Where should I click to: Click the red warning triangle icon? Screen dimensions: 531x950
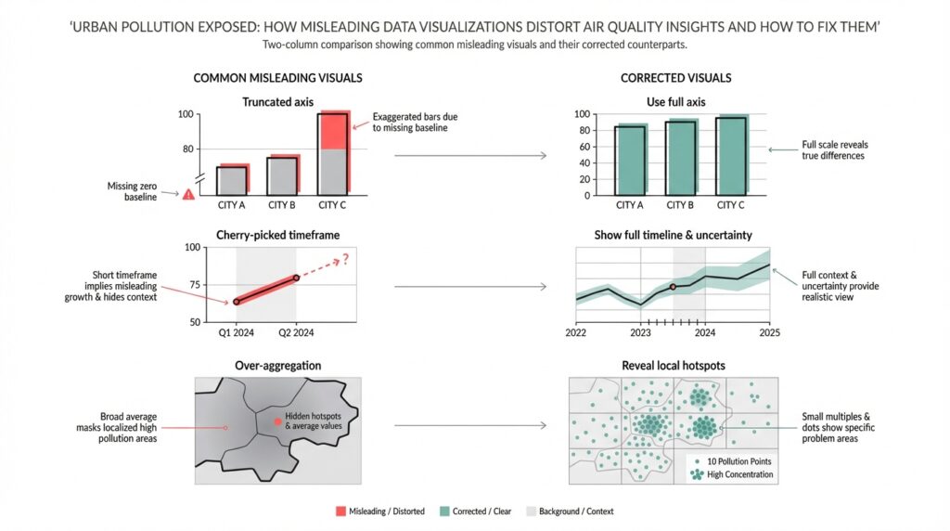point(189,194)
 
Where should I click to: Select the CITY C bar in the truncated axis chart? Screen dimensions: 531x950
point(333,153)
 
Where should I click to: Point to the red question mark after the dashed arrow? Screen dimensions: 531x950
point(345,259)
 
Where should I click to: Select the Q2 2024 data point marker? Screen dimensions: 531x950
point(296,278)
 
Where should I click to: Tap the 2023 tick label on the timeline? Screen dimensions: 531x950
point(640,332)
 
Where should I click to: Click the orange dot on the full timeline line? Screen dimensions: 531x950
point(673,287)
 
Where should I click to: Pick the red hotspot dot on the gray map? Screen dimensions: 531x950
point(277,421)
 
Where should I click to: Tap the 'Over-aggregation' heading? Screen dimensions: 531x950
point(277,366)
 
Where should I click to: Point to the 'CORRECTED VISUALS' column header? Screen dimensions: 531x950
point(675,79)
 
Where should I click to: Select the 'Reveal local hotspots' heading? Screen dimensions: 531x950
point(674,366)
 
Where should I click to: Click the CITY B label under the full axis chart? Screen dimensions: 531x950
point(680,205)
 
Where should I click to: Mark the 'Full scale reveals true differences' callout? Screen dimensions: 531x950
point(832,150)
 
